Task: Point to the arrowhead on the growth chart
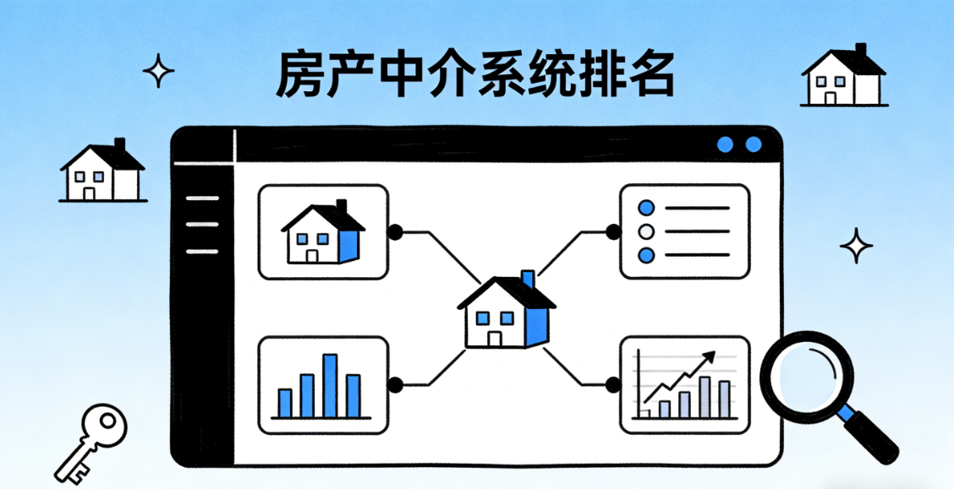[709, 357]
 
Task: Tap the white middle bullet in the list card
[647, 231]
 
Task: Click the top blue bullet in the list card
[647, 208]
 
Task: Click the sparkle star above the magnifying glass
[856, 246]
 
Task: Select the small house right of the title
[842, 77]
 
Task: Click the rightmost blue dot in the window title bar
[753, 145]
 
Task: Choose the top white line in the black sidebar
[201, 198]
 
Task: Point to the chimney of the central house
[528, 280]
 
